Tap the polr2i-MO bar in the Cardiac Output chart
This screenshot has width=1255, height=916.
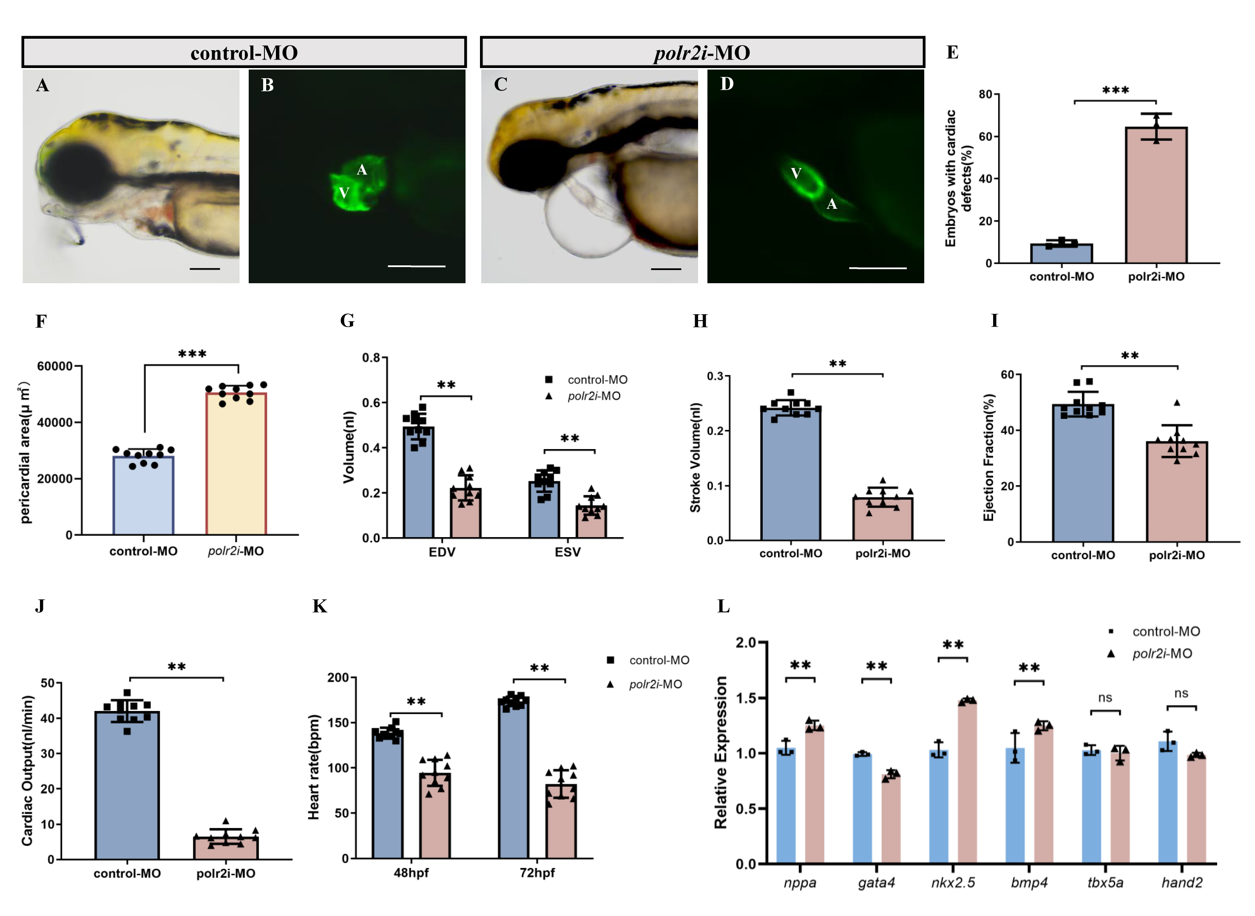tap(226, 848)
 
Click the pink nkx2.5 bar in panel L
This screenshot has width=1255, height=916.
tap(967, 782)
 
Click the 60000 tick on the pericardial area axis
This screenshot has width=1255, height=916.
tap(55, 367)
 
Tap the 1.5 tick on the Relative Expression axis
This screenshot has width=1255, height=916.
tap(746, 697)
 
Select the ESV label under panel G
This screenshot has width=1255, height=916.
tap(568, 552)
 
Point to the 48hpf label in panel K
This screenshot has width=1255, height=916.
tap(411, 873)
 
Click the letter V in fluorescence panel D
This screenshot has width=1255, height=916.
tap(796, 174)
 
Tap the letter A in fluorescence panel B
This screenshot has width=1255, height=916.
tap(361, 170)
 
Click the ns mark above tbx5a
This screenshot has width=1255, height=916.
tap(1105, 697)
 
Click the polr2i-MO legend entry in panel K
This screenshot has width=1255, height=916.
tap(655, 684)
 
